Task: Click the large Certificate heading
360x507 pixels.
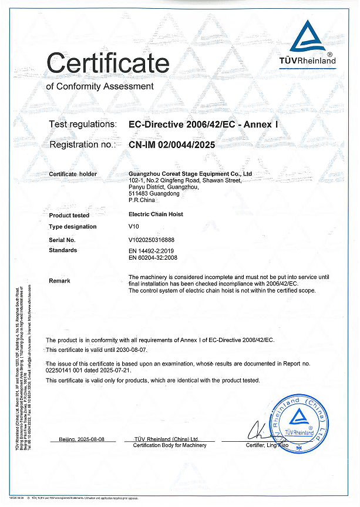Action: click(107, 62)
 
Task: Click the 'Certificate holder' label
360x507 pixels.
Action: click(73, 174)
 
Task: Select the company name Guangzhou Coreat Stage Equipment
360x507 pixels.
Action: click(190, 174)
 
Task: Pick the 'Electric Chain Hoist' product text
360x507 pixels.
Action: click(155, 214)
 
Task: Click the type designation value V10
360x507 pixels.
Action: click(133, 227)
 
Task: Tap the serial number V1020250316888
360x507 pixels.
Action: click(151, 240)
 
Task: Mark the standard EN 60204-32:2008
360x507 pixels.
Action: click(153, 257)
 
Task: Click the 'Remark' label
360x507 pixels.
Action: click(59, 281)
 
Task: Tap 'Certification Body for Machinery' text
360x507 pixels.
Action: click(170, 445)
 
